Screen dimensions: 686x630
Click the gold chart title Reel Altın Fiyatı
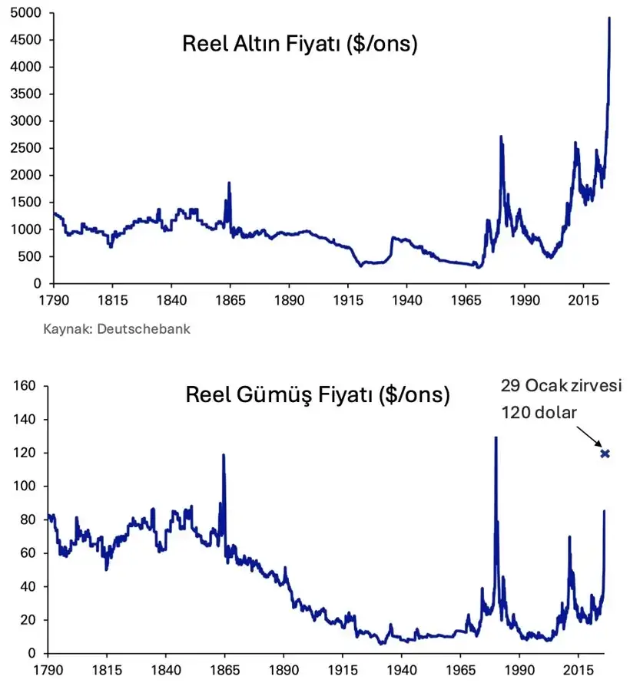click(300, 44)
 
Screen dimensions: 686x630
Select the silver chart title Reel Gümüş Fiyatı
click(317, 396)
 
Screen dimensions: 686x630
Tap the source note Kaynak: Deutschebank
click(117, 329)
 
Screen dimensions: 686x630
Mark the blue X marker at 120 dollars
click(605, 453)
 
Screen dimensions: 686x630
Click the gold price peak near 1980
click(501, 137)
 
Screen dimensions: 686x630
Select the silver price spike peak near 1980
click(496, 438)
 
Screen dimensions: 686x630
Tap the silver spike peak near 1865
click(224, 455)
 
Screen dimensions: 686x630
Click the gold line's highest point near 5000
click(609, 18)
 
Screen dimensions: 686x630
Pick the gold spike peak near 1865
click(229, 183)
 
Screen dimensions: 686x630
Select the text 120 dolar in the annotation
click(539, 412)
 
